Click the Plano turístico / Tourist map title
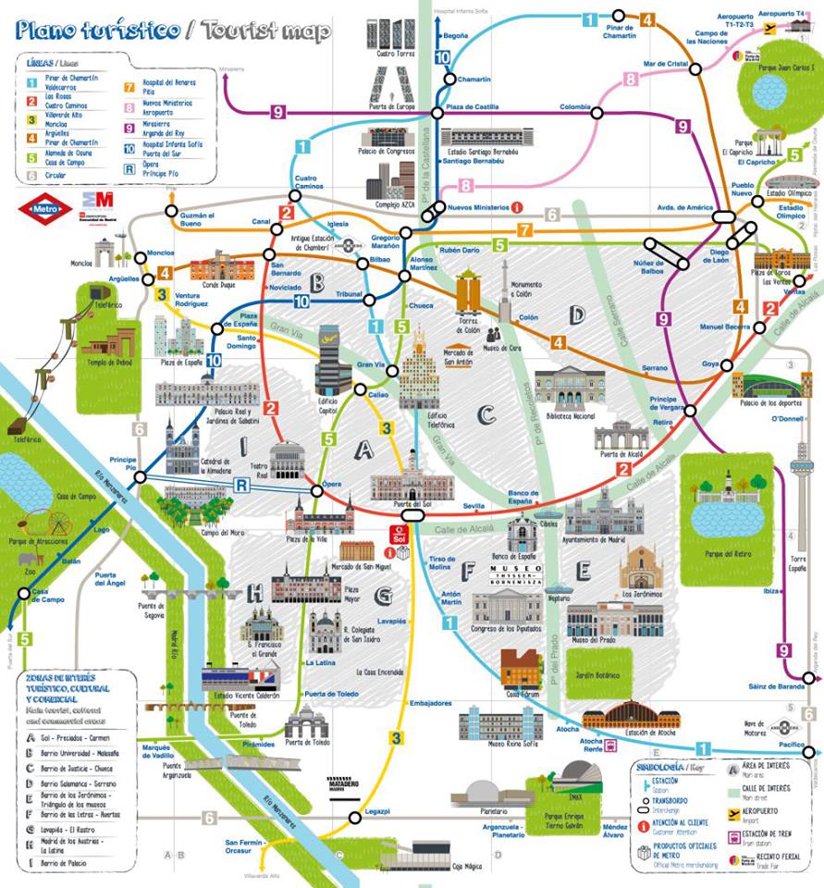(173, 30)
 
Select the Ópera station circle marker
(317, 490)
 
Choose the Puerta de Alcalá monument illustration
(621, 436)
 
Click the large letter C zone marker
(487, 415)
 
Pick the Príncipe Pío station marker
(141, 476)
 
